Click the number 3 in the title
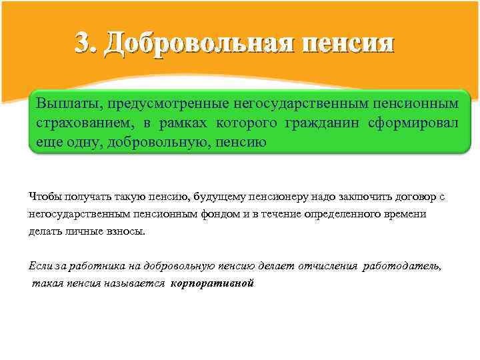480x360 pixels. point(84,43)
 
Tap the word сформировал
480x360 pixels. point(413,123)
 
